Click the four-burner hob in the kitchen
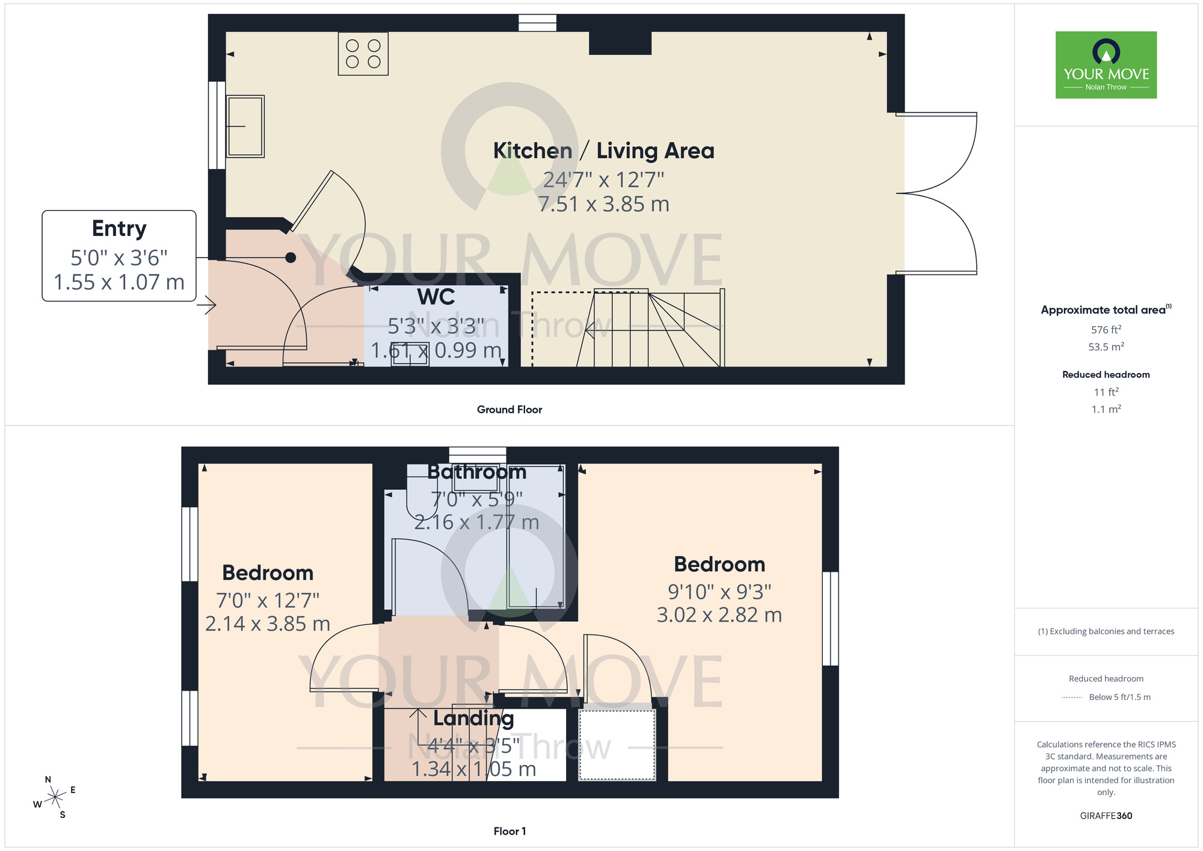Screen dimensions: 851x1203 (x=363, y=54)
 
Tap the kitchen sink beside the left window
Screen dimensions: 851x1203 (x=245, y=126)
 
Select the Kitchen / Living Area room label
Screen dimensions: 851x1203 (x=603, y=150)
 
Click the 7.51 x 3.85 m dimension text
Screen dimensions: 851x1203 (x=603, y=204)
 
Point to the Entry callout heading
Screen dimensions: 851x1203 (x=119, y=229)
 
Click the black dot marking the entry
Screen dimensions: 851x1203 (x=291, y=258)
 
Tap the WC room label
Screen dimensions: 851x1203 (x=436, y=297)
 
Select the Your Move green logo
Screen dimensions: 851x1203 (x=1106, y=65)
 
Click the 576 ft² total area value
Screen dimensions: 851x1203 (x=1106, y=330)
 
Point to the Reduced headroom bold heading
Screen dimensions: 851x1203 (x=1106, y=374)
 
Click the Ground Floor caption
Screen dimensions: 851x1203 (x=509, y=409)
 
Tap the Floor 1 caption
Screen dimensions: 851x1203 (x=509, y=831)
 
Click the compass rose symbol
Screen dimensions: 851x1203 (x=55, y=797)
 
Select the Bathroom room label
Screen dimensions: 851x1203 (x=477, y=472)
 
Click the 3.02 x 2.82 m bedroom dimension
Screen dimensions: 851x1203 (x=719, y=615)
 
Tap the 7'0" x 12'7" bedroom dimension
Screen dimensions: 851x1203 (x=268, y=600)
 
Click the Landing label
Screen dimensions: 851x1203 (x=473, y=718)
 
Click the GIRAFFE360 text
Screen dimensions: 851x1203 (x=1106, y=815)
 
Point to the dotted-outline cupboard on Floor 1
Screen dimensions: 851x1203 (x=617, y=744)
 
